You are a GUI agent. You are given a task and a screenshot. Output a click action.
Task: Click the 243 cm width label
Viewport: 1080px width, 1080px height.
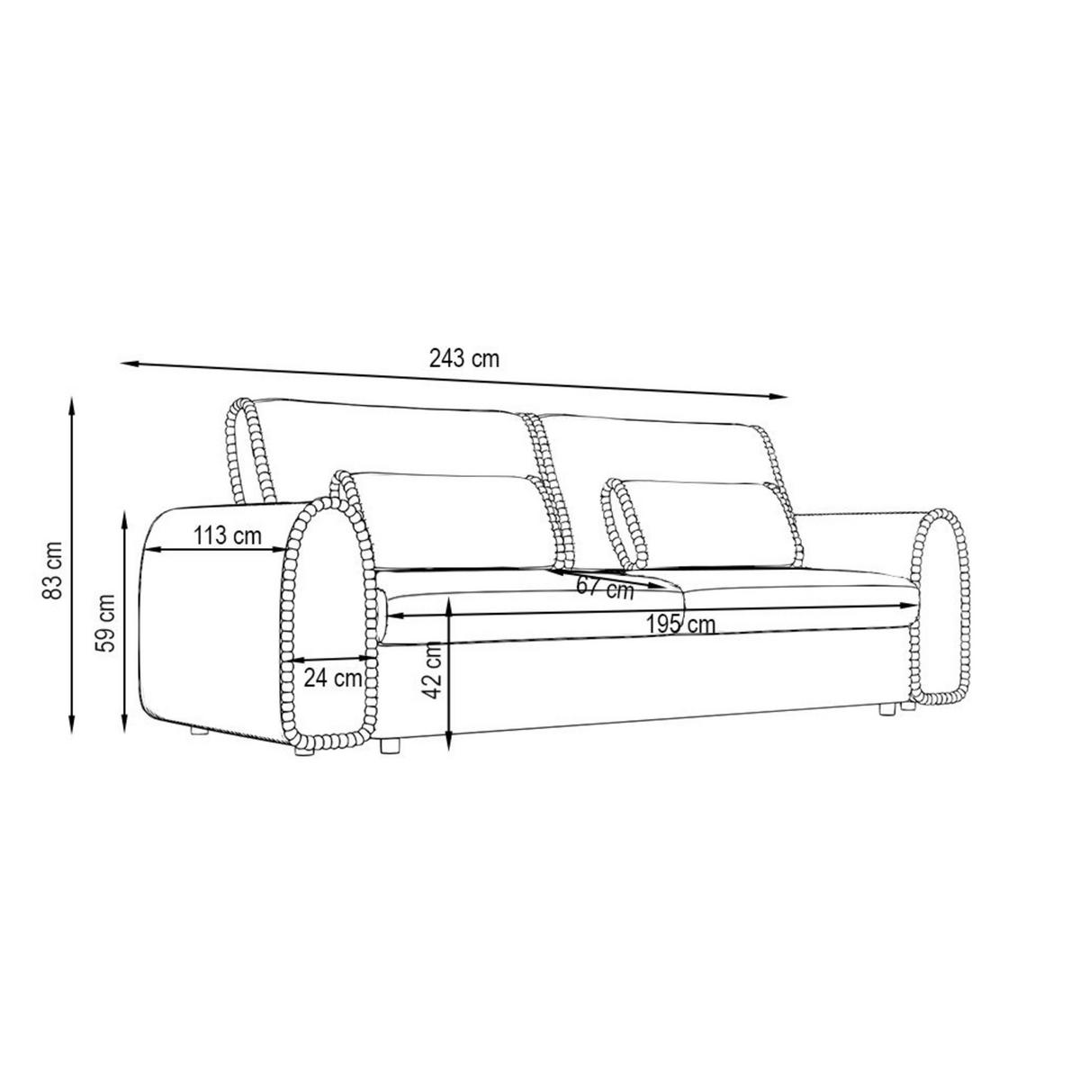464,358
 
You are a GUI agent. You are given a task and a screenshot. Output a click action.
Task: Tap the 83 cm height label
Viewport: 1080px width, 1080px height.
52,571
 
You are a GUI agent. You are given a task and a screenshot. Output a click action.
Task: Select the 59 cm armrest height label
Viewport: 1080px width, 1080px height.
104,623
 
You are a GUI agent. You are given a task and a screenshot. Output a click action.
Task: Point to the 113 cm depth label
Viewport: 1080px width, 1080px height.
228,536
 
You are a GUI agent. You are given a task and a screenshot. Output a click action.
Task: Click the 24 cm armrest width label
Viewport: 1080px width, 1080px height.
333,679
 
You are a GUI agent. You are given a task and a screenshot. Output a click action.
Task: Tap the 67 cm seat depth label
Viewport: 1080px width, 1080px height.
606,589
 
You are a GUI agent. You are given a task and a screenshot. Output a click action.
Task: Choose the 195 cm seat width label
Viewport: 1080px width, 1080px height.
680,624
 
